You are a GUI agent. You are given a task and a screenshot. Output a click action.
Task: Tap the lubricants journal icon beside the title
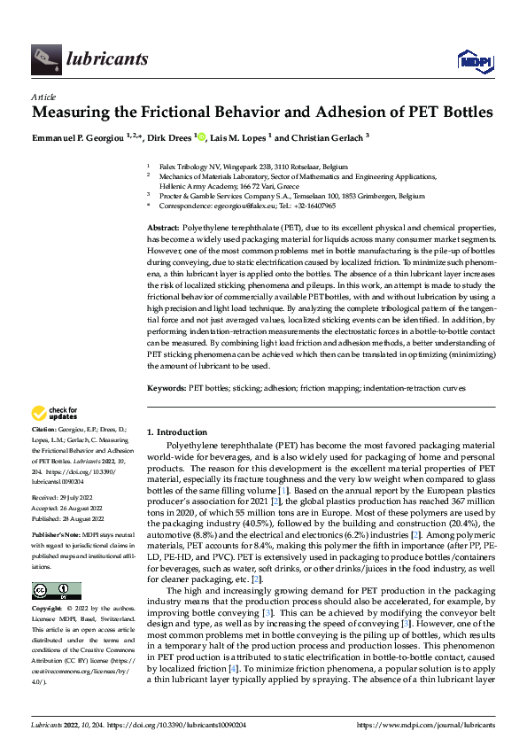click(x=44, y=59)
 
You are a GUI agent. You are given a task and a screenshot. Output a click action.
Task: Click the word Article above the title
click(x=43, y=97)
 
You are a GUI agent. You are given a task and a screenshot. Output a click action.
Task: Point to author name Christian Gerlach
click(x=327, y=138)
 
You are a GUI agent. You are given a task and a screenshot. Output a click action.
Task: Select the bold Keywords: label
click(x=167, y=388)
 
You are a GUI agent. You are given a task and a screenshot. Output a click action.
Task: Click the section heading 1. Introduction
click(x=177, y=432)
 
